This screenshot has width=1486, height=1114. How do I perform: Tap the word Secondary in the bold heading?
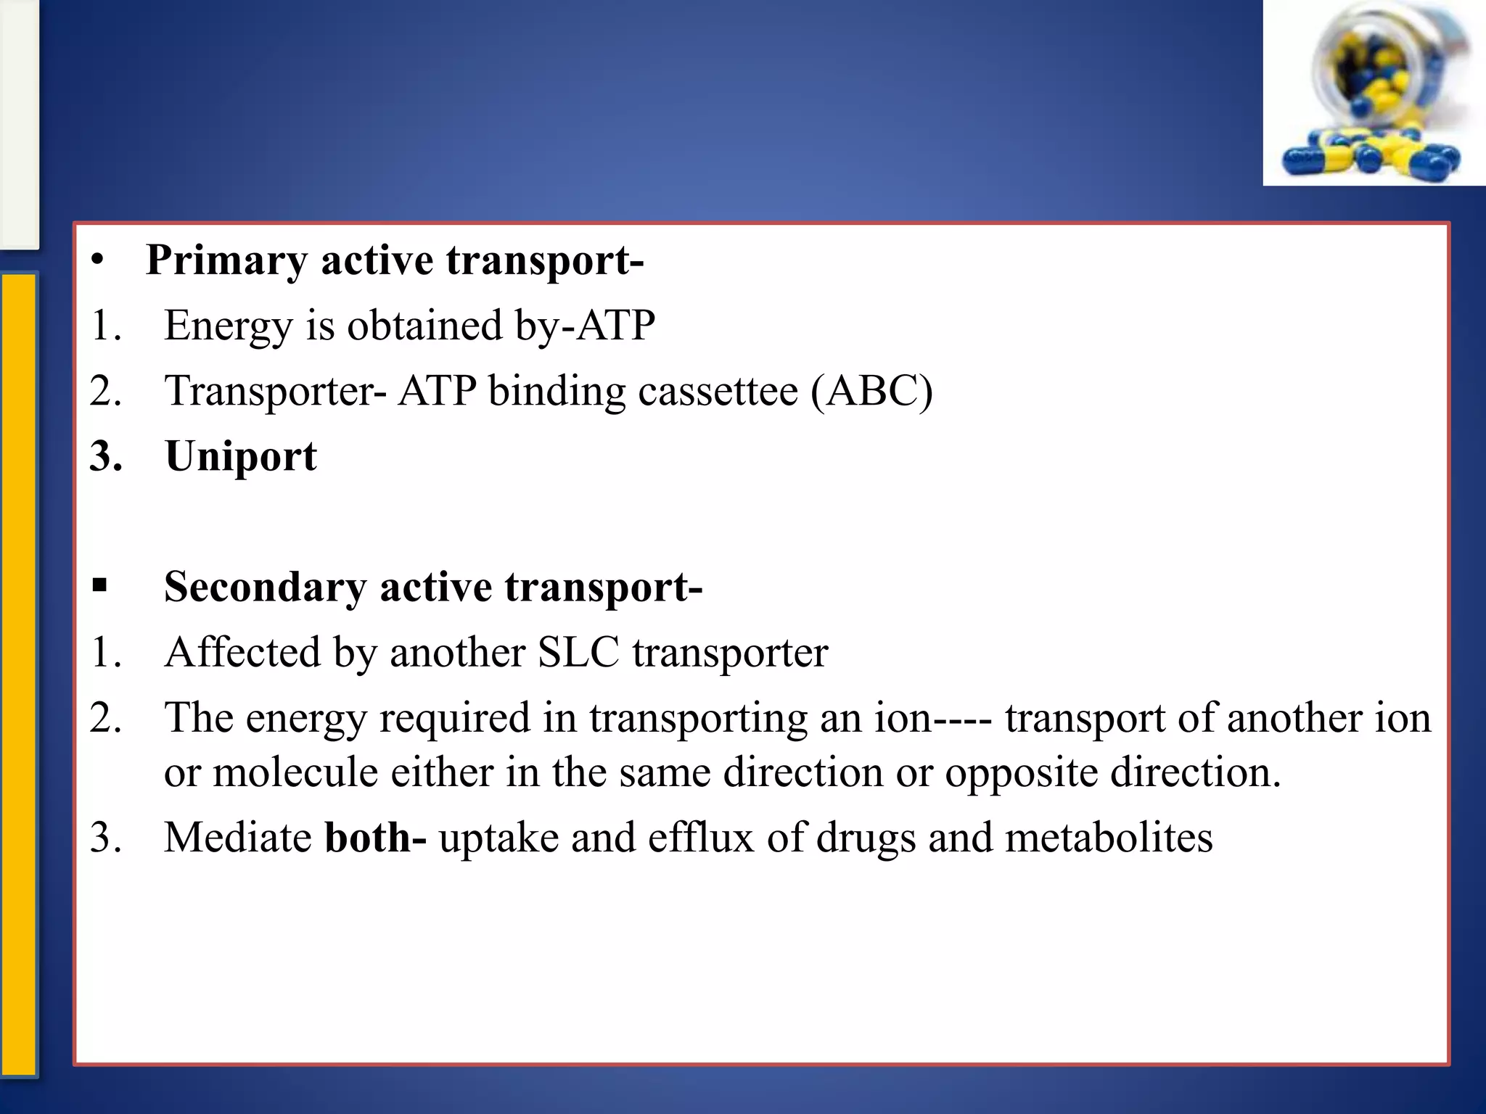pos(265,587)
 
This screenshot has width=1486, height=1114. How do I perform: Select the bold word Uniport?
pos(241,457)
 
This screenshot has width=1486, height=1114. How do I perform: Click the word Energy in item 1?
pos(228,326)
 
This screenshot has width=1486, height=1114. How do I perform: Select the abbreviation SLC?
pos(578,652)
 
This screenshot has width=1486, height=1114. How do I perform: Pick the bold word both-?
pos(375,838)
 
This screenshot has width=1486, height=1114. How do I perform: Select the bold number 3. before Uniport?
pos(106,457)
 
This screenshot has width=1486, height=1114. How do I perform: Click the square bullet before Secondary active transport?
pos(100,585)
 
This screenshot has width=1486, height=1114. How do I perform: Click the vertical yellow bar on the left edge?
pos(19,674)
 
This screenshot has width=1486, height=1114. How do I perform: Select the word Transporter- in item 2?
pos(276,392)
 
